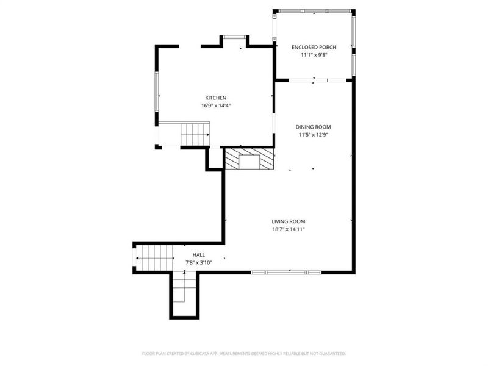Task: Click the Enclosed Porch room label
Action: [x=314, y=47]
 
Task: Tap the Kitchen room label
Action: [x=215, y=98]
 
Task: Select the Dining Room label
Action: [x=314, y=127]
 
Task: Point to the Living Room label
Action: [x=289, y=221]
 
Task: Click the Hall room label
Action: [x=199, y=255]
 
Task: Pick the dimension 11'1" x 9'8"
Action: [x=314, y=55]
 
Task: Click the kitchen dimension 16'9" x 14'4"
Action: [x=215, y=106]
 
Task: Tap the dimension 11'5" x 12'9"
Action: [x=314, y=135]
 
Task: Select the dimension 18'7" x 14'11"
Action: [x=289, y=229]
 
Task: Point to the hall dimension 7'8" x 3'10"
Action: [x=199, y=263]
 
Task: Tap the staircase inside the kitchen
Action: [x=195, y=134]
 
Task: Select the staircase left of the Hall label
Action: [x=155, y=258]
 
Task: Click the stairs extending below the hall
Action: [x=184, y=293]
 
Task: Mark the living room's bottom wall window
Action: [x=286, y=272]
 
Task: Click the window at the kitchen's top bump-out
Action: [x=234, y=38]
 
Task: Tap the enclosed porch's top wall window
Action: [x=314, y=11]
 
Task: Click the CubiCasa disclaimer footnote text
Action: [x=244, y=353]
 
